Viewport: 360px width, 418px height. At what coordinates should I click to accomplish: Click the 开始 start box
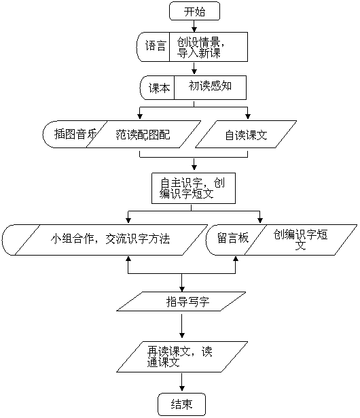[194, 11]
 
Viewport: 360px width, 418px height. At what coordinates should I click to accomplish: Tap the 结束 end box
[182, 404]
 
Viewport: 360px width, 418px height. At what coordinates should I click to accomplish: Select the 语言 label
[156, 46]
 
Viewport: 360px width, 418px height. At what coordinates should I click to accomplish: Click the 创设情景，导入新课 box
[209, 47]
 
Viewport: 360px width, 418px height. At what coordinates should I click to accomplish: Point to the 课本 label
[159, 88]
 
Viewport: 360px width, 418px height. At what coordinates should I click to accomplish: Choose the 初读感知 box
[211, 88]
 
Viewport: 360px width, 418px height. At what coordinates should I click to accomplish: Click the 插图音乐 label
[75, 134]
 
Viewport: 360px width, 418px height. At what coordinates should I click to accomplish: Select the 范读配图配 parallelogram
[143, 135]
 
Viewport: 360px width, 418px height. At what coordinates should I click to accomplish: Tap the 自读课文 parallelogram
[246, 135]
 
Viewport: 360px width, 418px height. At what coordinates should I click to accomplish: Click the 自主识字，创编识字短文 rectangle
[194, 188]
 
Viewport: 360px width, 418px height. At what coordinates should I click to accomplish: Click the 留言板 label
[233, 238]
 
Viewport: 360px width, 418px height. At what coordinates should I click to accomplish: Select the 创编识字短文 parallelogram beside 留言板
[301, 240]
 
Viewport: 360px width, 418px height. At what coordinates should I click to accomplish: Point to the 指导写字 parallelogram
[181, 301]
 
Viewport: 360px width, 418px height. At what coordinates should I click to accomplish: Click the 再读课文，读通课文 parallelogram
[182, 357]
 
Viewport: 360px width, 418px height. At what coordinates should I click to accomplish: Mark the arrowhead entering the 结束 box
[182, 388]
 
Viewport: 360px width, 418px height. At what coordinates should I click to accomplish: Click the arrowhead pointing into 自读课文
[248, 116]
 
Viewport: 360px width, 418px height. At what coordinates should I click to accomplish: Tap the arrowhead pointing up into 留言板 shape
[236, 259]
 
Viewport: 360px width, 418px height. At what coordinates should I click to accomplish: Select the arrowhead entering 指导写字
[182, 289]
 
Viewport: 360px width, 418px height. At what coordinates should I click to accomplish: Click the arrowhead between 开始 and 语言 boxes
[194, 29]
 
